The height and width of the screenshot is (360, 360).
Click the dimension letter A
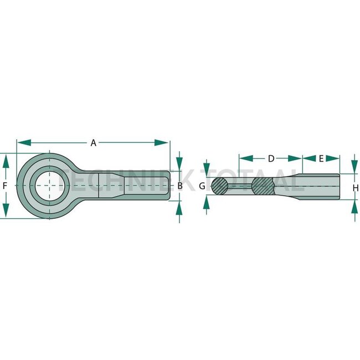(x=93, y=143)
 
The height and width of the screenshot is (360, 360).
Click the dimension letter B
(x=180, y=186)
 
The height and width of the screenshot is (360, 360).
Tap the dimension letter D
(x=271, y=158)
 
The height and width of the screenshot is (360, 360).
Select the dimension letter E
(x=321, y=158)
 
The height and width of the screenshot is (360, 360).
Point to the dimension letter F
(x=5, y=186)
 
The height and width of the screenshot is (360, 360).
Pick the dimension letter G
(x=202, y=186)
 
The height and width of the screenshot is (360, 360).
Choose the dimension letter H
(x=356, y=188)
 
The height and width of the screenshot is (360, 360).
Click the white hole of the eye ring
(x=50, y=186)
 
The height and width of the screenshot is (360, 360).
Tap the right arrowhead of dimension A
(x=161, y=142)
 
